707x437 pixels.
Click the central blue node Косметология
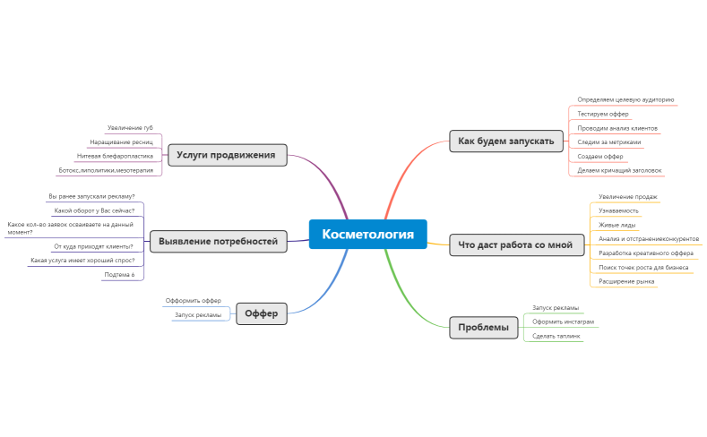coord(368,235)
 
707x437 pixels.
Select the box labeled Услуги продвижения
coord(228,155)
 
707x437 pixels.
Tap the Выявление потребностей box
coord(219,242)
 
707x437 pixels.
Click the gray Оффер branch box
coord(262,313)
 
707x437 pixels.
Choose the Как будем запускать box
coord(506,141)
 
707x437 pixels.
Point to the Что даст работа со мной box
coord(517,245)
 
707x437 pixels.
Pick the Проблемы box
coord(484,328)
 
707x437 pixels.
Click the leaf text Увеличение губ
coord(130,128)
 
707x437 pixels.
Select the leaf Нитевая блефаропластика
coord(115,157)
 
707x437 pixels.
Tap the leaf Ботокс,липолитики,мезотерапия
coord(106,170)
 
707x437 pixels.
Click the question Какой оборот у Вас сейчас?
coord(94,210)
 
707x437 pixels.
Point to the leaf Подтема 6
coord(119,275)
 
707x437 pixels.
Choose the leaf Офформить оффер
coord(194,301)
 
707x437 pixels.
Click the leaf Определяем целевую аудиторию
coord(625,99)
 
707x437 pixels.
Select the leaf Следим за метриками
coord(609,142)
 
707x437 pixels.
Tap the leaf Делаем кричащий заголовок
coord(619,170)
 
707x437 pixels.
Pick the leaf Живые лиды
coord(617,225)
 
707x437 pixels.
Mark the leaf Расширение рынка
coord(626,281)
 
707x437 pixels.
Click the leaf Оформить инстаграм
coord(563,321)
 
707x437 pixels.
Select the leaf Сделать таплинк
coord(556,336)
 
